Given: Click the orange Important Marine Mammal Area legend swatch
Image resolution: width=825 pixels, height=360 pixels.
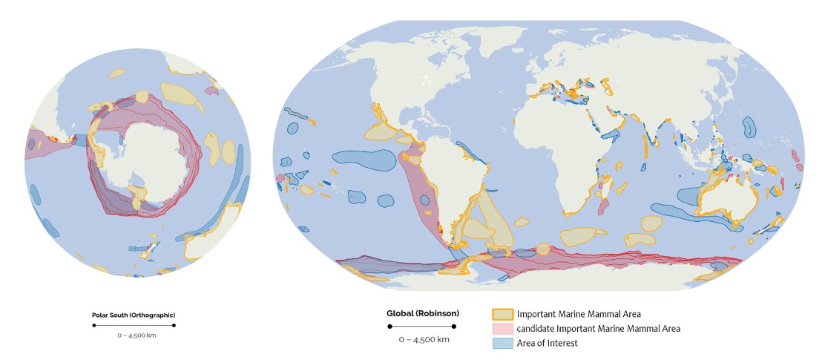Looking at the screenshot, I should tap(502, 314).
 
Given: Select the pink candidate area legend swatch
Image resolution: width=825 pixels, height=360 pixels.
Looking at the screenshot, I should tap(502, 328).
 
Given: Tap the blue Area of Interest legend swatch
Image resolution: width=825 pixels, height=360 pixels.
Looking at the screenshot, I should tap(502, 342).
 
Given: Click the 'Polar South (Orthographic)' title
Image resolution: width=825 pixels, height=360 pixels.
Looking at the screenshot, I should tap(134, 315).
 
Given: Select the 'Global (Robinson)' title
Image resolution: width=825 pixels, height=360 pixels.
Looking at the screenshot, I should tap(422, 313).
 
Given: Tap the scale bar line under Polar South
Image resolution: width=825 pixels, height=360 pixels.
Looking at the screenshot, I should tap(134, 325).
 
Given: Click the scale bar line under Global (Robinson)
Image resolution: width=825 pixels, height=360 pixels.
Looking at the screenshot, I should tap(423, 326).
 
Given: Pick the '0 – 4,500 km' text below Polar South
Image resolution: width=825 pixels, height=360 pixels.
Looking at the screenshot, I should tap(134, 336).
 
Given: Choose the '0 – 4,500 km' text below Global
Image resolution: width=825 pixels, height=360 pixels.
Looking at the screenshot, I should tap(423, 339).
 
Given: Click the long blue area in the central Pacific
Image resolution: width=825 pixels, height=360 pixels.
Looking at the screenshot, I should tap(364, 157).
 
